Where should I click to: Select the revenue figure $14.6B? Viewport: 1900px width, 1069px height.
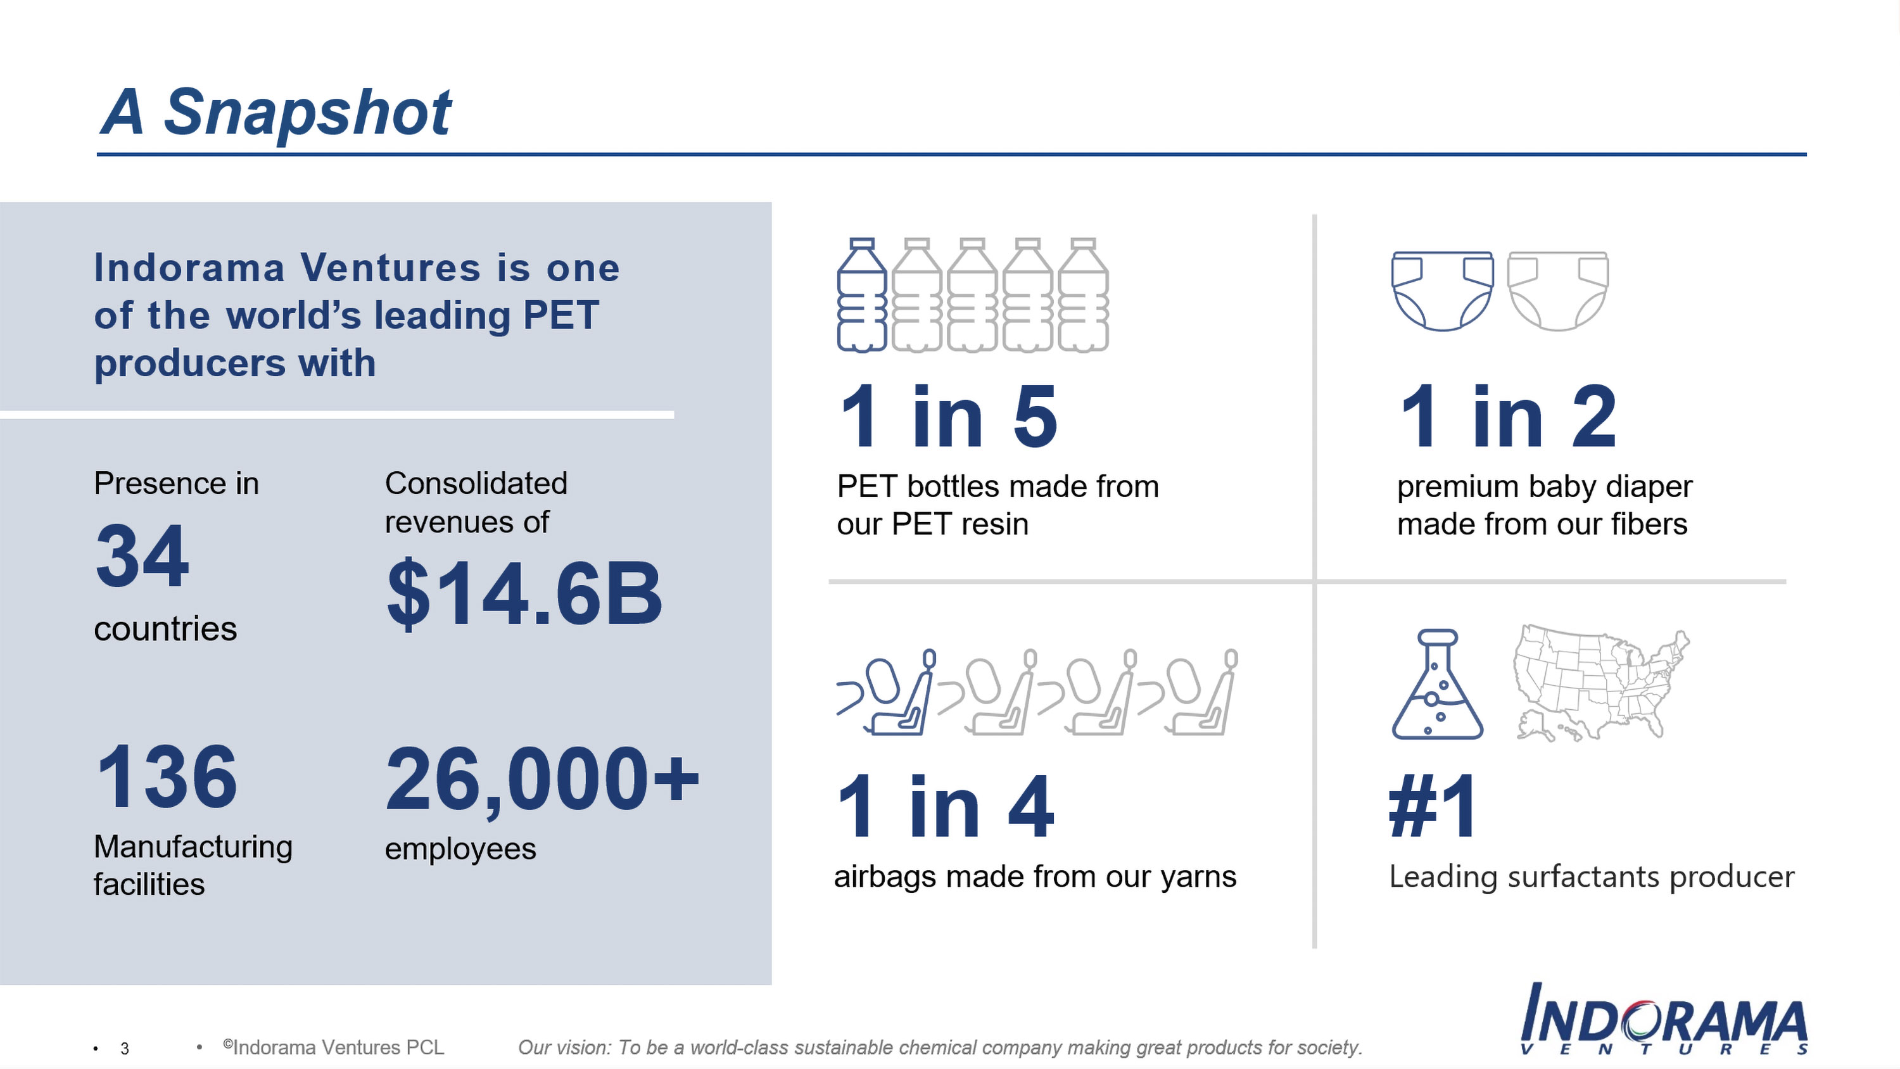click(524, 593)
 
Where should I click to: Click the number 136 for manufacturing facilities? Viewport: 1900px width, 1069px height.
click(167, 776)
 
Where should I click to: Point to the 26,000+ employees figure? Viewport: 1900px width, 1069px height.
click(542, 779)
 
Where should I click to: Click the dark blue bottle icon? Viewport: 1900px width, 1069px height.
click(862, 295)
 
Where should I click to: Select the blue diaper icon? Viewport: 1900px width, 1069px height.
click(1443, 291)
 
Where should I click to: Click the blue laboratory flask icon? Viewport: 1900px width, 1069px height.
click(1438, 684)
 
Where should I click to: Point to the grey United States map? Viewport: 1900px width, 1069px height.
click(1601, 683)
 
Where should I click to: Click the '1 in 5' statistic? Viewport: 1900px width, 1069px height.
click(948, 417)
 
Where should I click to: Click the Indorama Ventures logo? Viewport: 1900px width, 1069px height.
click(1664, 1020)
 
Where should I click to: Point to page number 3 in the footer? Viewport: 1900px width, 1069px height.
click(125, 1048)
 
